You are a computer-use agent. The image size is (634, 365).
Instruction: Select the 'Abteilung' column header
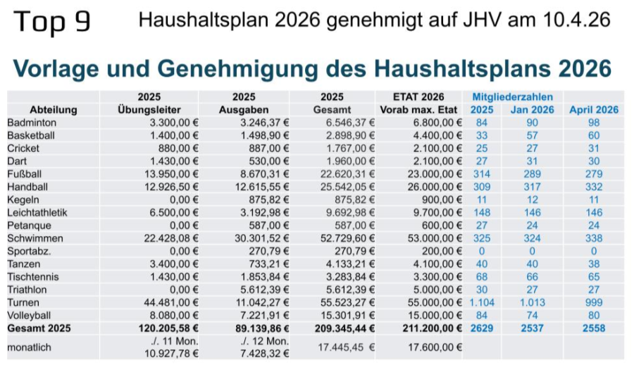tap(54, 110)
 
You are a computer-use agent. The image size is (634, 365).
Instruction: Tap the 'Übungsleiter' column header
tap(149, 110)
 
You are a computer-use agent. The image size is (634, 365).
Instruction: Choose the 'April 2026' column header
tap(594, 110)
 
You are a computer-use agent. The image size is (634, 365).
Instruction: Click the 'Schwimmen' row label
tap(31, 237)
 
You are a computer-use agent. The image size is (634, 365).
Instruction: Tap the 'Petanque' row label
tap(29, 225)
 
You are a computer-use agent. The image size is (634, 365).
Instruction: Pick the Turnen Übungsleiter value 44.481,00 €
tap(172, 302)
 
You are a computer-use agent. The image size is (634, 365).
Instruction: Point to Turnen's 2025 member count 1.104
tap(481, 302)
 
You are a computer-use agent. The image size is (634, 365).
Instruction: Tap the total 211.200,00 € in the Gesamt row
tap(431, 328)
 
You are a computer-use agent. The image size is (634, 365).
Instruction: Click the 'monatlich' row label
tap(30, 347)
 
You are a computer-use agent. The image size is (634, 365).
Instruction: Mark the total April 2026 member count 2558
tap(594, 328)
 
